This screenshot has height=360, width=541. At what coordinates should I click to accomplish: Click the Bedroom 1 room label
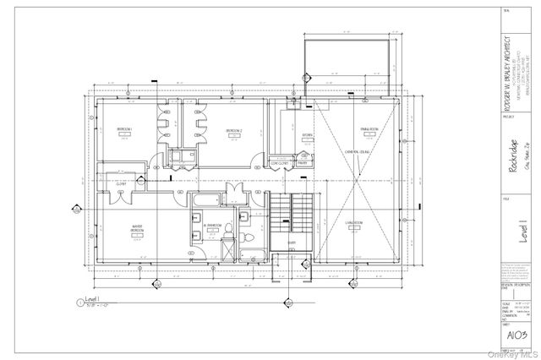point(126,129)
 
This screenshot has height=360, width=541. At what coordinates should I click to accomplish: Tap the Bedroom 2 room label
point(235,130)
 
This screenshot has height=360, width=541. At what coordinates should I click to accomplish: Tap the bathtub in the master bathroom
point(203,201)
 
